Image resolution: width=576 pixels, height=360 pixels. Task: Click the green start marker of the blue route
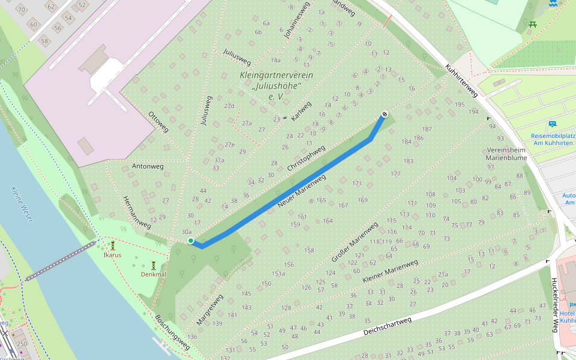(x=191, y=241)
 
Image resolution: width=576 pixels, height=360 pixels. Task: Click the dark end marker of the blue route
(x=384, y=114)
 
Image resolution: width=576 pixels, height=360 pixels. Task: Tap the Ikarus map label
(x=112, y=255)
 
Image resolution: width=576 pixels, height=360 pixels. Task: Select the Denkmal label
(x=153, y=274)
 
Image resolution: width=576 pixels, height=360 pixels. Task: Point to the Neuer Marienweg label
(x=302, y=191)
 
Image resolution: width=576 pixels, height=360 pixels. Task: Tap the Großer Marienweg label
(x=355, y=242)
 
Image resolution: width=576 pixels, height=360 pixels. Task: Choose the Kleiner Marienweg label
(x=390, y=272)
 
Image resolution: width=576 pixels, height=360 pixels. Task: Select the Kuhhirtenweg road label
(x=461, y=82)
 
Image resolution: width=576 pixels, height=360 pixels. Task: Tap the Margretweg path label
(x=209, y=310)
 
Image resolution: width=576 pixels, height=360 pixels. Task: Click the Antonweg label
(x=148, y=166)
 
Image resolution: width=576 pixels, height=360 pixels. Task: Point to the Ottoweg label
(x=158, y=121)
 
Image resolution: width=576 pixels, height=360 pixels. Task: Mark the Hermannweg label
(x=136, y=212)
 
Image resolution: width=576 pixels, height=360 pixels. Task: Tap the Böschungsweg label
(x=172, y=332)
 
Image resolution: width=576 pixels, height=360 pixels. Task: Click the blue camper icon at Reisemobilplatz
(x=551, y=124)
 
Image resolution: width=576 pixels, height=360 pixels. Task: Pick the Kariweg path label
(x=301, y=111)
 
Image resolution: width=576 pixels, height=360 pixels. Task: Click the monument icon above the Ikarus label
(x=112, y=245)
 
